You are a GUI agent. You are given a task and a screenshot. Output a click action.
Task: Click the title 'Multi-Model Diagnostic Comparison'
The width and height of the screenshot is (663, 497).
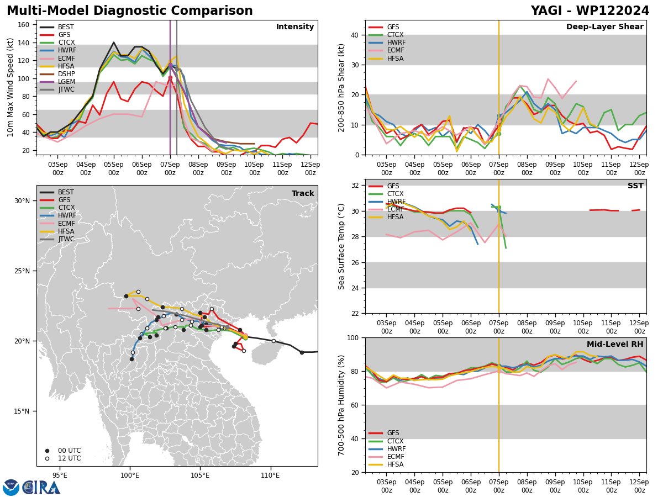tap(130, 11)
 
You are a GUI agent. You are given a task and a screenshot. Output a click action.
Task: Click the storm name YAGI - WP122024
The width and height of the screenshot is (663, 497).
tap(590, 11)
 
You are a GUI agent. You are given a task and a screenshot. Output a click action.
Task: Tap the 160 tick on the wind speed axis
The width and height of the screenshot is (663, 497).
tap(23, 25)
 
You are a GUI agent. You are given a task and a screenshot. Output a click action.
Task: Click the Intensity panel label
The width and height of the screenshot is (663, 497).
tap(295, 27)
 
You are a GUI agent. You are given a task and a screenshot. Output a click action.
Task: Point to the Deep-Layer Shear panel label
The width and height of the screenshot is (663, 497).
tap(604, 27)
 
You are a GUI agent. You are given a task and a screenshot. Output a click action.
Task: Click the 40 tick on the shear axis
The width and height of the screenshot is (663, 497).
tap(355, 35)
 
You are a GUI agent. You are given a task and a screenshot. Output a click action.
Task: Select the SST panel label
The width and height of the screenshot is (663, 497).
tap(635, 186)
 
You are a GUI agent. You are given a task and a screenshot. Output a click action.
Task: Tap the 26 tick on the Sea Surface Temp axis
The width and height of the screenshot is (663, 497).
tap(355, 262)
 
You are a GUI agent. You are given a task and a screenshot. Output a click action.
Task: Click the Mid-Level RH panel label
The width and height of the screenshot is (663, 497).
tap(615, 344)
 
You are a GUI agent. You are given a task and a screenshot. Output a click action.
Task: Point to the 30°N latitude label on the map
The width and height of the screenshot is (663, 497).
tap(22, 201)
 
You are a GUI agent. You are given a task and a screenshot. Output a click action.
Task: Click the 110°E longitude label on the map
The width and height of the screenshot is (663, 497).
tap(271, 475)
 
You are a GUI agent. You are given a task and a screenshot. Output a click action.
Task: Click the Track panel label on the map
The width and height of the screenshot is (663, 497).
tap(303, 193)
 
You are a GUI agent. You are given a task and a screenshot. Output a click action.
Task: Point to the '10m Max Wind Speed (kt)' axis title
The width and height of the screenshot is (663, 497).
tap(10, 87)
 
